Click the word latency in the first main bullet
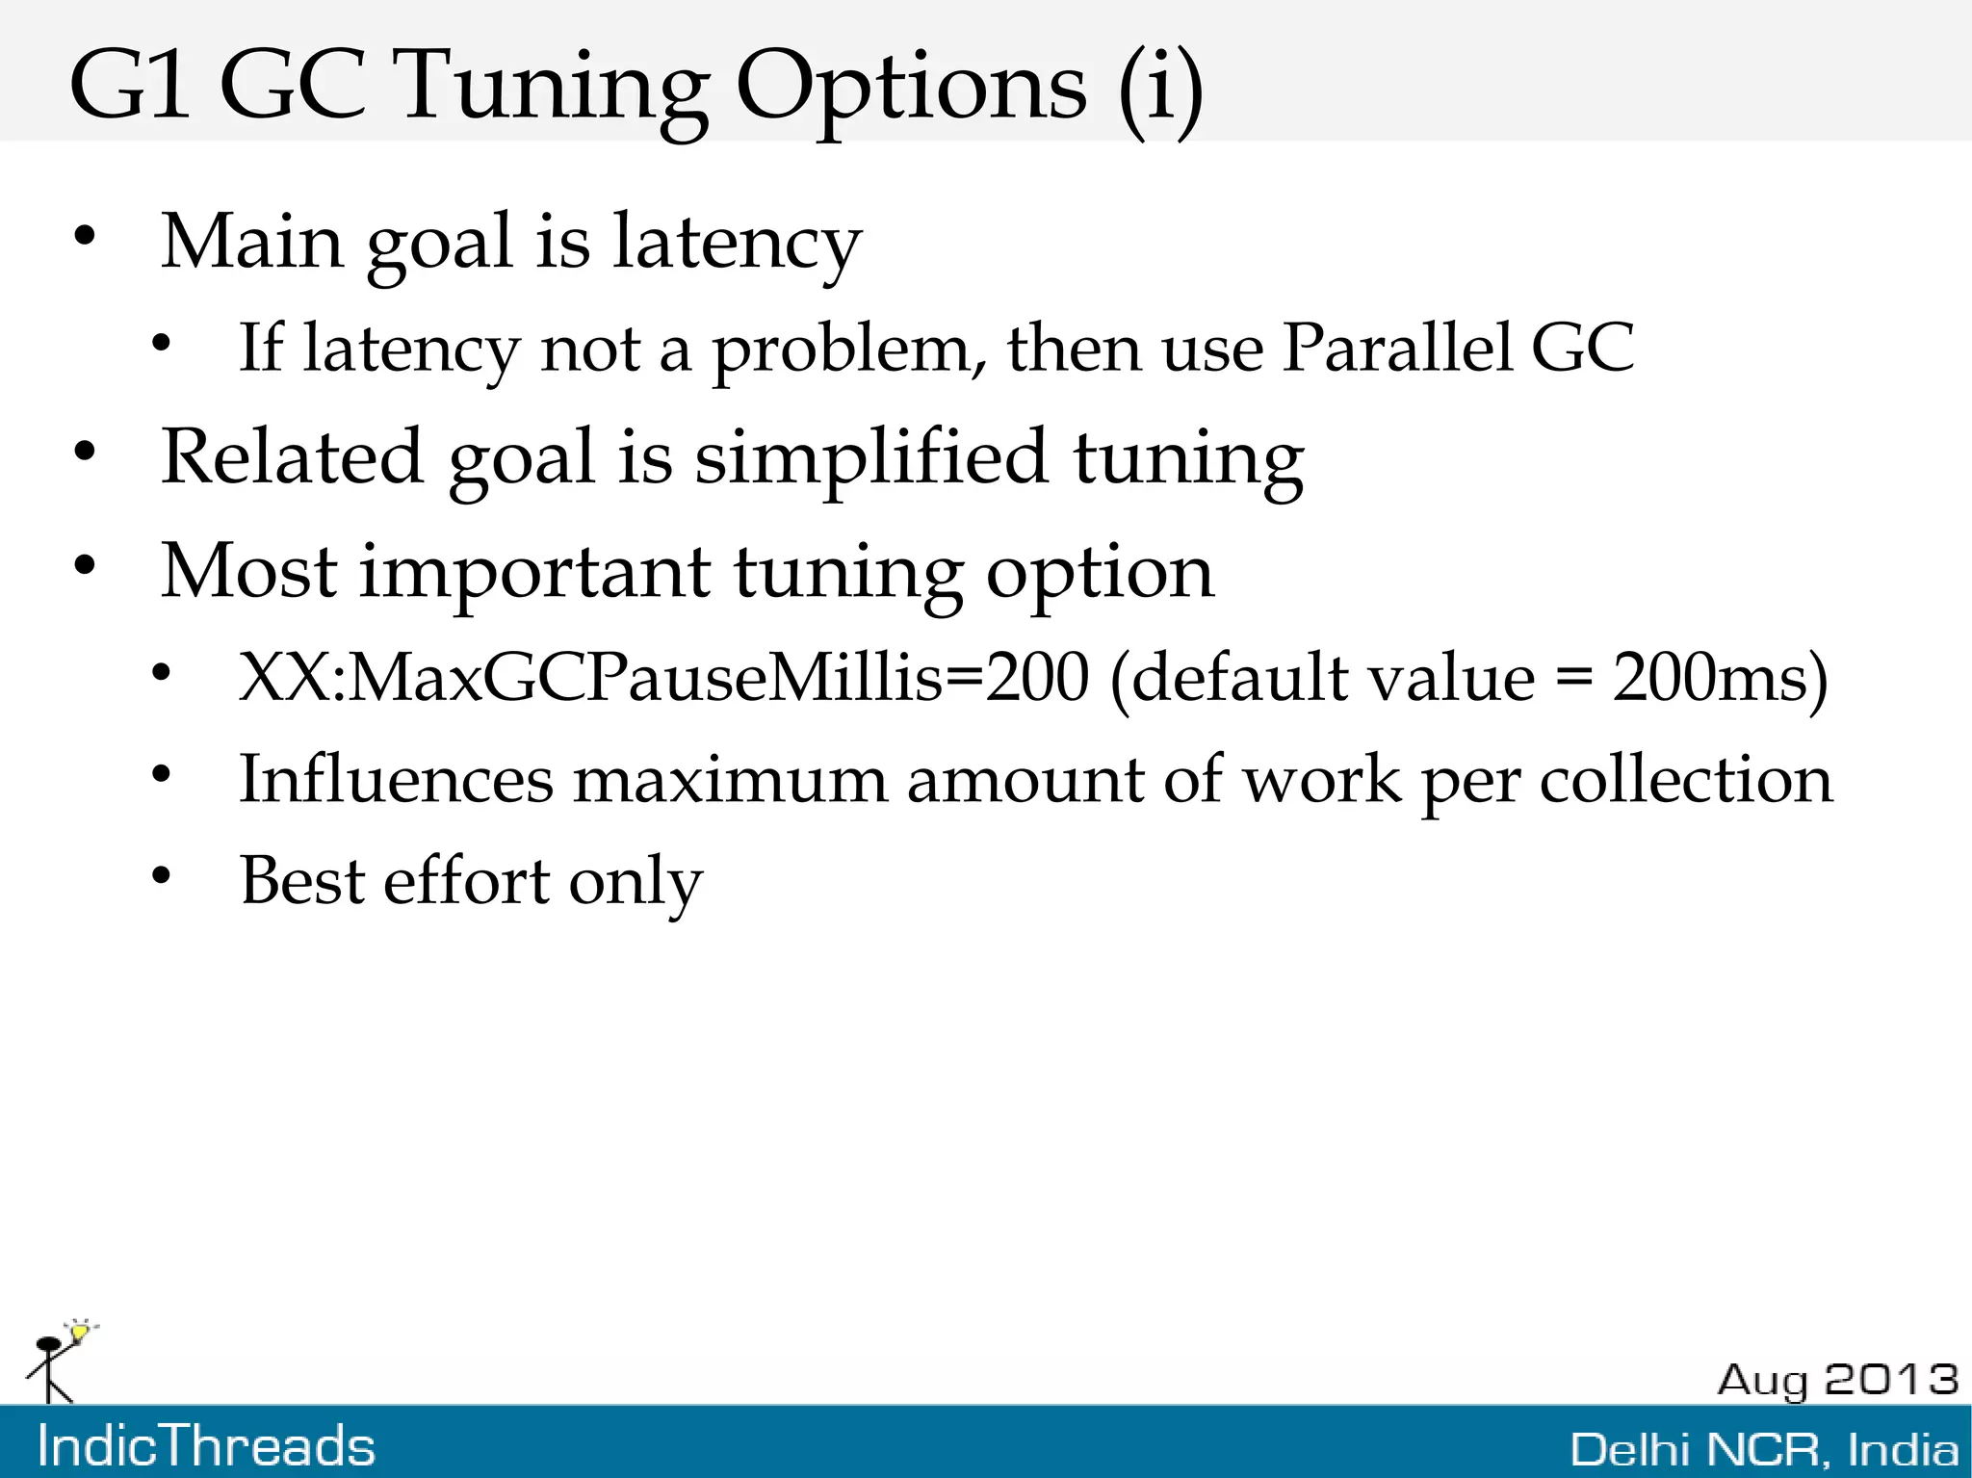click(737, 243)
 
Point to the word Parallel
click(1396, 348)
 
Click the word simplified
click(870, 457)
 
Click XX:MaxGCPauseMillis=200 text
click(663, 677)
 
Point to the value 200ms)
click(1720, 677)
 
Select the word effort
click(466, 880)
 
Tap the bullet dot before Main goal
click(86, 237)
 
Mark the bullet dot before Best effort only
click(161, 875)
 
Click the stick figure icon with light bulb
click(58, 1362)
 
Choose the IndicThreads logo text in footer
click(206, 1446)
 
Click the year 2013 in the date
click(1891, 1380)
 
